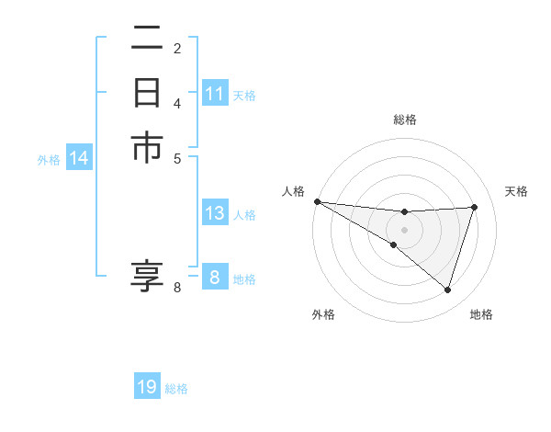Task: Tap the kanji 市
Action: tap(147, 148)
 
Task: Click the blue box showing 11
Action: tap(215, 94)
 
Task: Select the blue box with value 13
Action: tap(215, 214)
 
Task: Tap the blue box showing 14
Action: tap(79, 159)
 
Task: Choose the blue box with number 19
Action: tap(147, 388)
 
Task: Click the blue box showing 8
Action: tap(215, 278)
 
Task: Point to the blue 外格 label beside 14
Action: tap(49, 160)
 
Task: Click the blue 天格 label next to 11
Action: tap(244, 95)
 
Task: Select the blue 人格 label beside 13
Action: tap(244, 215)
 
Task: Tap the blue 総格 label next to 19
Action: tap(176, 389)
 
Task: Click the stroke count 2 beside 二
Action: tap(177, 48)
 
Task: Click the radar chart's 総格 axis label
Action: tap(404, 120)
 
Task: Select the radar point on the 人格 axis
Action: tap(317, 201)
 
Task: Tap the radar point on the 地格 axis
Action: tap(448, 290)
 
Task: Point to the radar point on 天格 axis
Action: tap(475, 207)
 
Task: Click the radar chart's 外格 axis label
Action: tap(323, 314)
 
